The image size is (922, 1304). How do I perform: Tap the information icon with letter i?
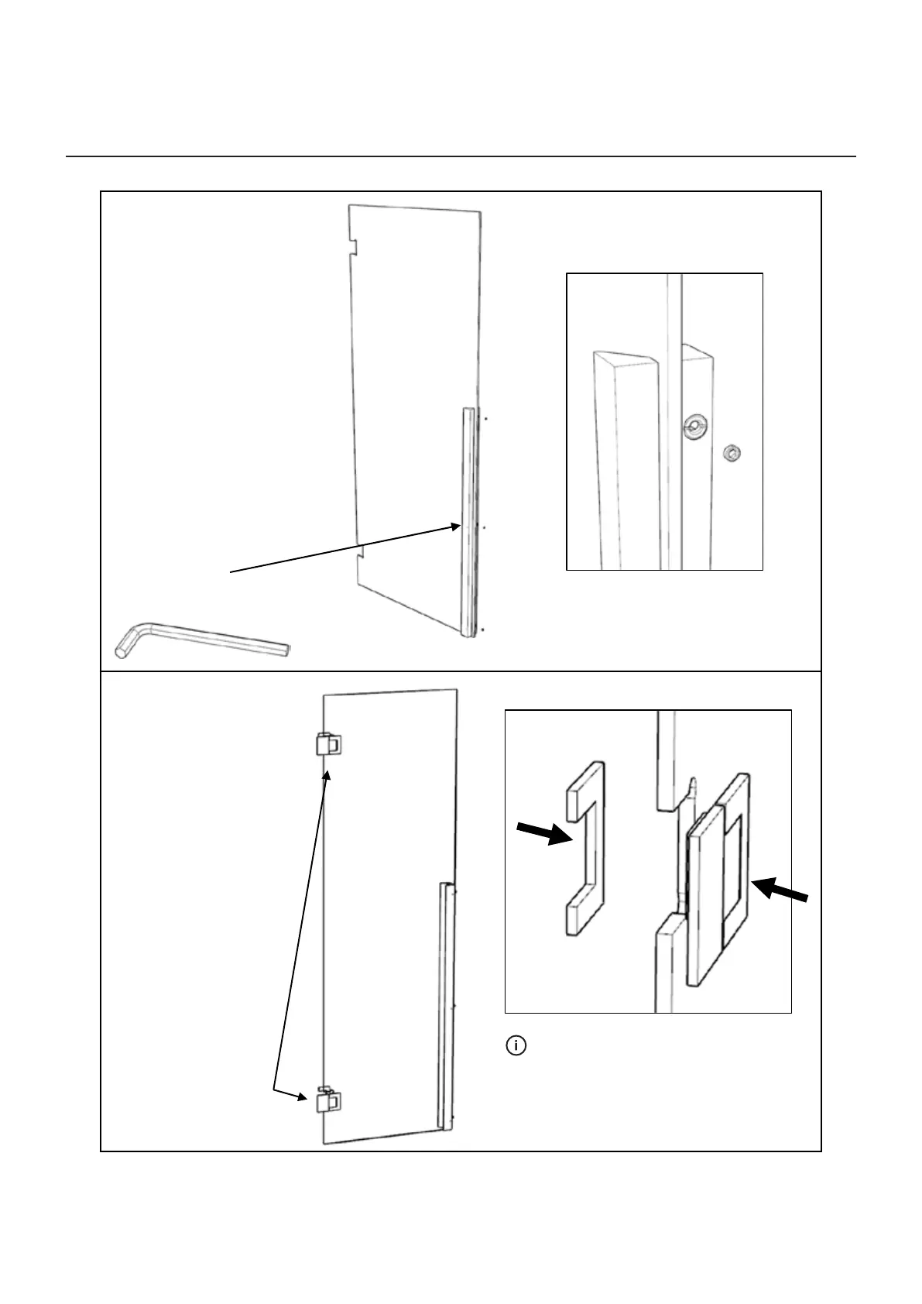[x=516, y=1046]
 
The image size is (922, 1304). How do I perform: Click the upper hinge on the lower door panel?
[x=327, y=744]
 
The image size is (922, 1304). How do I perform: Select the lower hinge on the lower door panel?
[x=327, y=1100]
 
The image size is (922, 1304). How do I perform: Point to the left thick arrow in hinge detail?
[x=545, y=834]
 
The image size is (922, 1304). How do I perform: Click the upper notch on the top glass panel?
[x=355, y=246]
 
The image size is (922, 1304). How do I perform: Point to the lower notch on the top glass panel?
[x=359, y=554]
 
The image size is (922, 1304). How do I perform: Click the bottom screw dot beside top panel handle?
[x=483, y=630]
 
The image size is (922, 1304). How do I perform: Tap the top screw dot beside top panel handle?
[x=485, y=419]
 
